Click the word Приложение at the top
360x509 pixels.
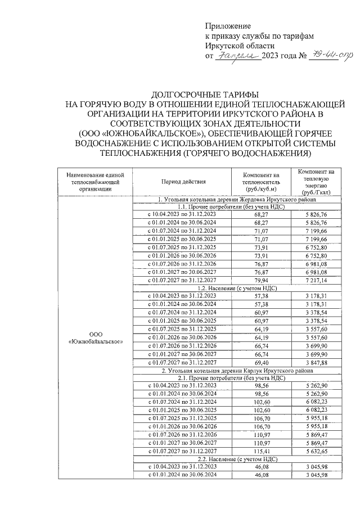pyautogui.click(x=228, y=26)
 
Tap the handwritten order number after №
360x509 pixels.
pyautogui.click(x=321, y=55)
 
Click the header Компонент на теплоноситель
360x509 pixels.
pyautogui.click(x=260, y=182)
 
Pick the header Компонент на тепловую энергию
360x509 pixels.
pyautogui.click(x=316, y=182)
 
